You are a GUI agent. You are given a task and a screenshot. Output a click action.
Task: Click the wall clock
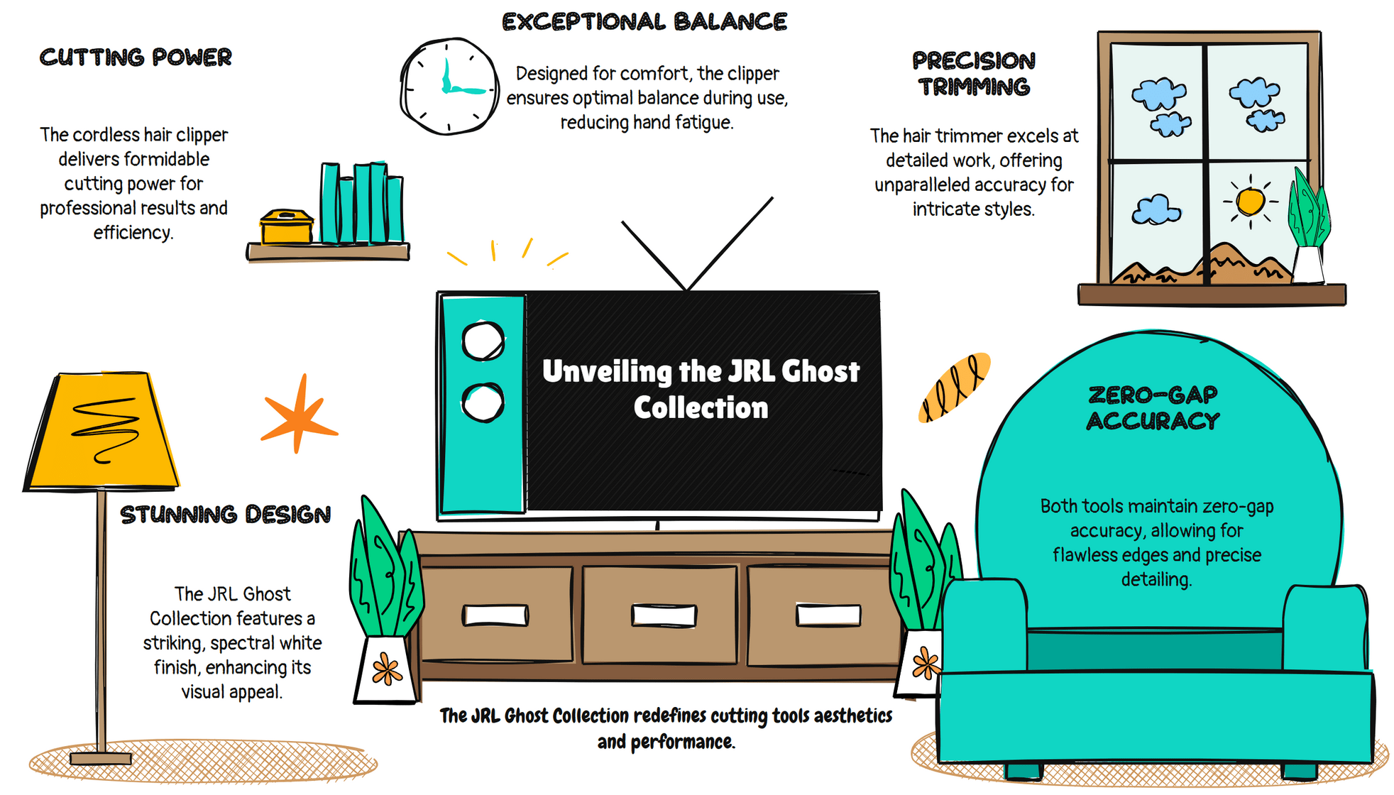(x=449, y=87)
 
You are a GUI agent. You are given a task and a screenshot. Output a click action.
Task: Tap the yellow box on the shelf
(x=286, y=227)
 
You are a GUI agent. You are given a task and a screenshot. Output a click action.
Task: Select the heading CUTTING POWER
(x=136, y=57)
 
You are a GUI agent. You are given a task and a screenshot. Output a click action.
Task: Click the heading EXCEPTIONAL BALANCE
(x=644, y=22)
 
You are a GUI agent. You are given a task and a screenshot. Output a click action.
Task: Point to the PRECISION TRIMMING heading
(x=974, y=74)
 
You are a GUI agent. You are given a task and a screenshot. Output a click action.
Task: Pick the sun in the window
(x=1250, y=201)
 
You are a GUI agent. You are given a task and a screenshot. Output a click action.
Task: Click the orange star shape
(x=299, y=416)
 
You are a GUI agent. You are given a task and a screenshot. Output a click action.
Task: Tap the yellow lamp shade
(x=102, y=431)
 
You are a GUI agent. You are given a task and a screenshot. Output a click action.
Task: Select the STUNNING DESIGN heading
(x=225, y=515)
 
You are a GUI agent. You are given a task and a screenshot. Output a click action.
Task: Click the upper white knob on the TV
(x=483, y=341)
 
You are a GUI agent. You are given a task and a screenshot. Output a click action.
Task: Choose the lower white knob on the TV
(x=483, y=402)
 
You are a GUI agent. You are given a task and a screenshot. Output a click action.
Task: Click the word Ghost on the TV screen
(x=820, y=371)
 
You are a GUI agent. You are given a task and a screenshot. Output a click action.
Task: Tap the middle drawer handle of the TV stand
(x=664, y=615)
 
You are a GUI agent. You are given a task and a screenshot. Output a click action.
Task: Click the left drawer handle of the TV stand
(x=495, y=615)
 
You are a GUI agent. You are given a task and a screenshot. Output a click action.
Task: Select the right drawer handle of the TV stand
(x=828, y=615)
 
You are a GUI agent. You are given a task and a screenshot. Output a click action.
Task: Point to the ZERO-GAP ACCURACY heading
(x=1153, y=408)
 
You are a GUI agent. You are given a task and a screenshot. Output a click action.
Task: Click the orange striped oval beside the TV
(x=954, y=388)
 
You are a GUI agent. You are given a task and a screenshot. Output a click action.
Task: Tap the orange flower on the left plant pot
(x=387, y=669)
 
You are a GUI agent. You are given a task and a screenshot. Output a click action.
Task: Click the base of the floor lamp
(x=101, y=758)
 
